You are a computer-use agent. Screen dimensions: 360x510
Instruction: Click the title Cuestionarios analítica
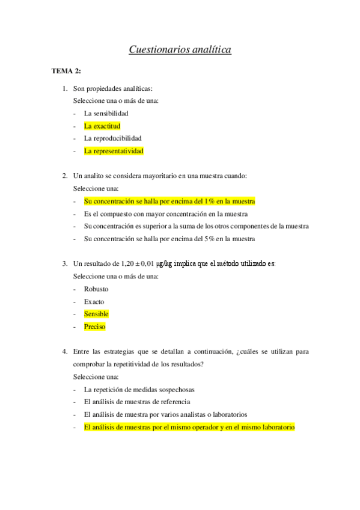[x=180, y=50]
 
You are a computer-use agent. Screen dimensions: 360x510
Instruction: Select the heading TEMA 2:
[x=66, y=71]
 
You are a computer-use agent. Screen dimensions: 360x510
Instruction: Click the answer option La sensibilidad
[x=106, y=113]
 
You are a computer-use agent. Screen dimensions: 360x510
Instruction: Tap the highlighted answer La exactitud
[x=102, y=126]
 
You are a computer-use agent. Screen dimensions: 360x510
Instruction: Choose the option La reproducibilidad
[x=113, y=138]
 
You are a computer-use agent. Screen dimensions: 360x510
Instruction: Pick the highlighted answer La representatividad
[x=114, y=151]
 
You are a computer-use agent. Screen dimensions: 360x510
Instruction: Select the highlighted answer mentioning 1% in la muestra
[x=169, y=201]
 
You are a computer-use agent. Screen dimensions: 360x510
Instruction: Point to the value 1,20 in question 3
[x=129, y=264]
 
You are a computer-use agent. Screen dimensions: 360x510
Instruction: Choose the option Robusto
[x=96, y=289]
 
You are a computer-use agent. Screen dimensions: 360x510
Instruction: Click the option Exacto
[x=94, y=301]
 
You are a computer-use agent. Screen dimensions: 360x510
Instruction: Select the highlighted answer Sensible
[x=96, y=314]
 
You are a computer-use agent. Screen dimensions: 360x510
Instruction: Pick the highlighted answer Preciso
[x=95, y=327]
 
